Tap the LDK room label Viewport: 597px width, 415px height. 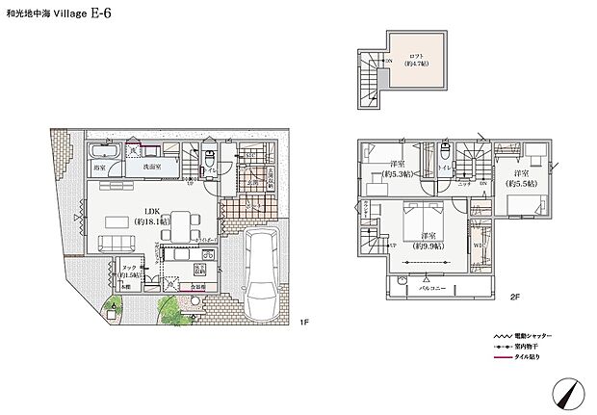[x=153, y=211]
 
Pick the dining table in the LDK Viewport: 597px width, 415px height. [x=180, y=224]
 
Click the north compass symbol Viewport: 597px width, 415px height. [x=568, y=393]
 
